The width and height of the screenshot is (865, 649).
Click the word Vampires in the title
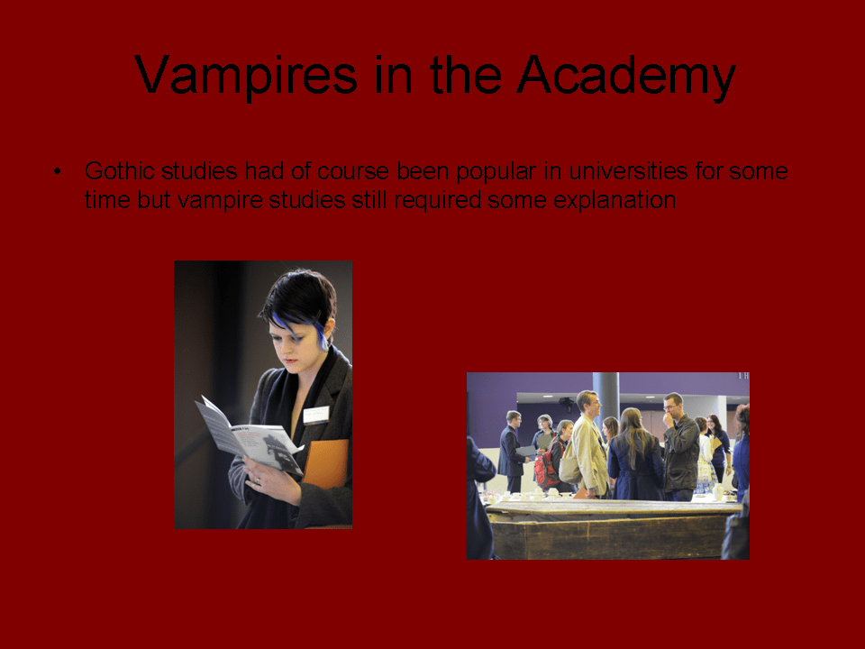(245, 75)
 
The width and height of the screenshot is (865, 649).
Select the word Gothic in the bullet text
(119, 170)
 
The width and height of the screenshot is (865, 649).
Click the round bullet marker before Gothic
(58, 171)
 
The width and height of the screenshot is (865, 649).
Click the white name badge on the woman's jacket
(316, 415)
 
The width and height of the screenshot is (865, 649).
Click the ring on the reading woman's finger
(257, 480)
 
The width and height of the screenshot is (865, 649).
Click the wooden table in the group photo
(613, 530)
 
